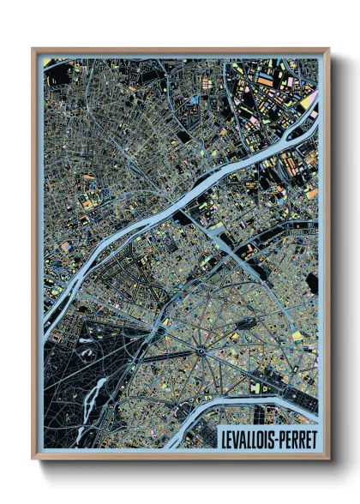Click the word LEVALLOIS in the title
[248, 438]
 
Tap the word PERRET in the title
[299, 438]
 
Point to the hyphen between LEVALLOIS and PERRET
[278, 439]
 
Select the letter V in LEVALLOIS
[236, 438]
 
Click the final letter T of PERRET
[315, 438]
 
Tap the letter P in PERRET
[284, 438]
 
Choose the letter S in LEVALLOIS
[272, 438]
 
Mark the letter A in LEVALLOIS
[243, 438]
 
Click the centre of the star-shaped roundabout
[201, 350]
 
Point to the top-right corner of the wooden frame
[328, 50]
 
